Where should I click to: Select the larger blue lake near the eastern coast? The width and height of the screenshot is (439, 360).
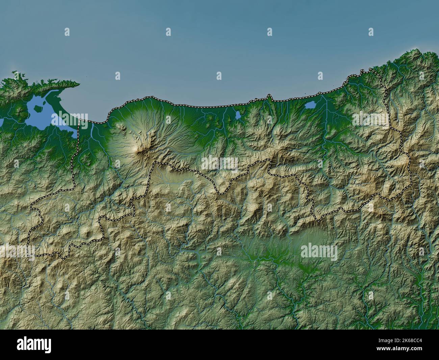310,105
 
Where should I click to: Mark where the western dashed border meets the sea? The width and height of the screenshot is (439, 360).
79,120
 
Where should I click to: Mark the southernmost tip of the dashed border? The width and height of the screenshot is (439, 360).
63,258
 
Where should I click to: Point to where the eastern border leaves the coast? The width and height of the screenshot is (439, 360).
371,70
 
